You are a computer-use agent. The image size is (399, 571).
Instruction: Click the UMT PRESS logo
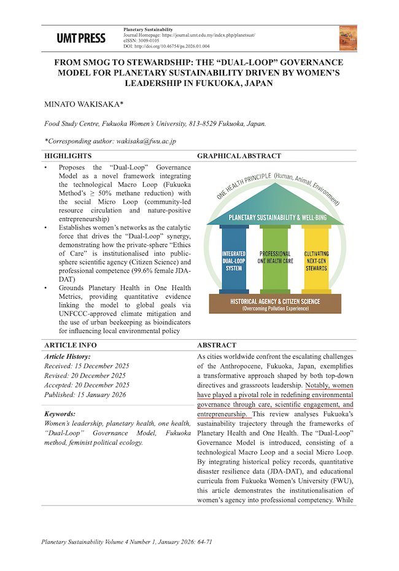coord(80,38)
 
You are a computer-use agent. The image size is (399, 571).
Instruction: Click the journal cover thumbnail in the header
coord(347,38)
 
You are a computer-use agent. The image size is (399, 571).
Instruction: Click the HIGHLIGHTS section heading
coord(68,156)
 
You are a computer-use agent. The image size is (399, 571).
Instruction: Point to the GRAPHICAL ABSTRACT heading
coord(239,156)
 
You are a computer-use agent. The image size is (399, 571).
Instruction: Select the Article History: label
coord(68,356)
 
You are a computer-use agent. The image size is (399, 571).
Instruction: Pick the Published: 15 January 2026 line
coord(85,394)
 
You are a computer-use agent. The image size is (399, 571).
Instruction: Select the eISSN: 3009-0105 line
coord(142,41)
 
